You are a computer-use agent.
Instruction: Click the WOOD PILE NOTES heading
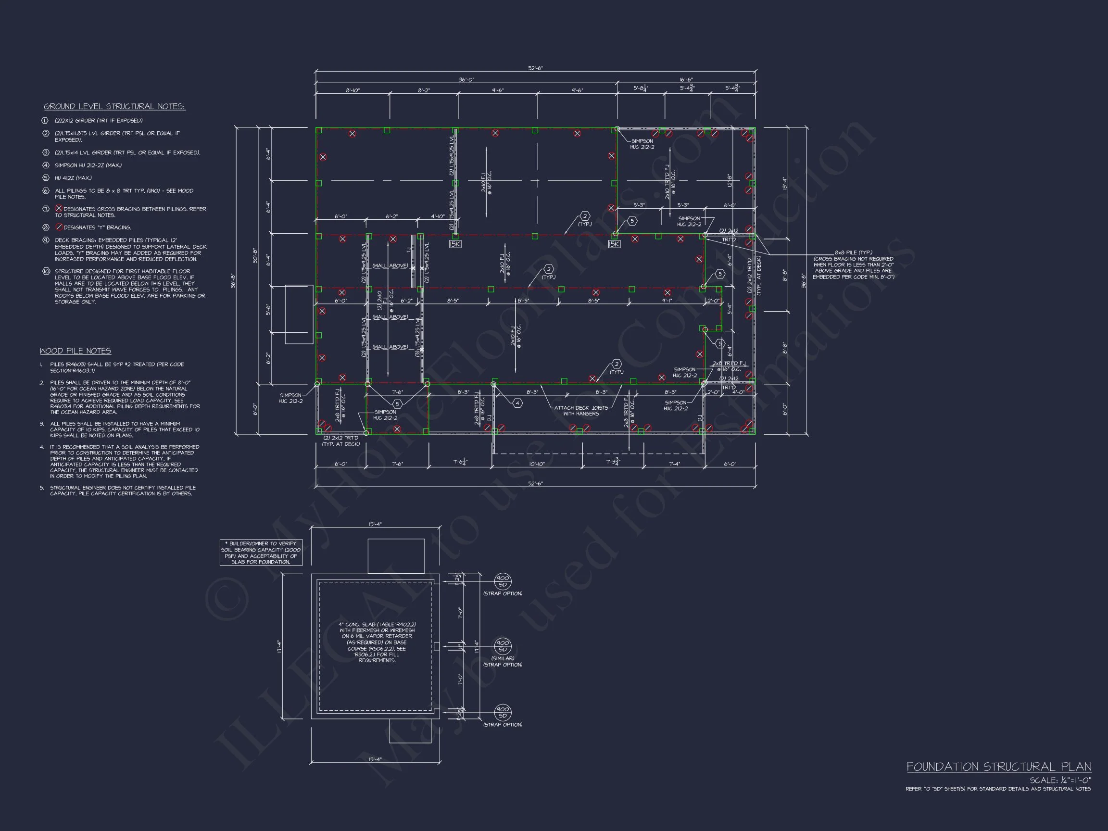[75, 351]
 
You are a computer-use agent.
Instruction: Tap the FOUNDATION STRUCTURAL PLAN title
[998, 767]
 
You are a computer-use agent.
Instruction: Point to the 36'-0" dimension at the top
[466, 80]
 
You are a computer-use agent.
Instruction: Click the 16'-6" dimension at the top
[686, 80]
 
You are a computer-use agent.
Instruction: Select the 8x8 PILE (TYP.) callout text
[853, 252]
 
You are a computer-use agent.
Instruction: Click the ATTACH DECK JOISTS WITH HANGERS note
[580, 410]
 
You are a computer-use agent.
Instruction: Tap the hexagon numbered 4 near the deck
[517, 403]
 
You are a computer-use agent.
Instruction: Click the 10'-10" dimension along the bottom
[537, 464]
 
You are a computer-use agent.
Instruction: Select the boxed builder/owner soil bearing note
[261, 553]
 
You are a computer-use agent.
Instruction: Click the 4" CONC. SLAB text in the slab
[377, 625]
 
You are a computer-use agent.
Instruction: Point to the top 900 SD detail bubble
[503, 581]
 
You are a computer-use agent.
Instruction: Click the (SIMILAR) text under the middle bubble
[503, 658]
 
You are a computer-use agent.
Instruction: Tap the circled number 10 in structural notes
[46, 271]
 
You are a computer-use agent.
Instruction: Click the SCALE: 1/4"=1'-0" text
[1060, 780]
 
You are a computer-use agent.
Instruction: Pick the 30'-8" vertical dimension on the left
[255, 255]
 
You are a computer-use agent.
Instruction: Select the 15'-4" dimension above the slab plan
[375, 524]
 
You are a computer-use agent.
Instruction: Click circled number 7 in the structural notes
[46, 209]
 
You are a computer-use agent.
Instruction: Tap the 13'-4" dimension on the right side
[784, 183]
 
